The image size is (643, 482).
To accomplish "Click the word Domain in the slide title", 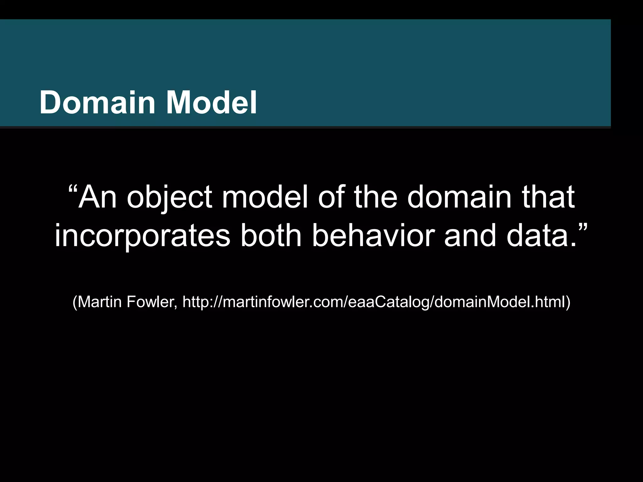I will pos(97,103).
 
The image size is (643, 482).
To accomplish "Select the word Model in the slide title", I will pos(211,103).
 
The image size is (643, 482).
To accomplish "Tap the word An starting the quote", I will pos(98,197).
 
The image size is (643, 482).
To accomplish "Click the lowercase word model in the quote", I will pos(265,197).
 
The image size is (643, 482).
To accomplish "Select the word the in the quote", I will pos(376,197).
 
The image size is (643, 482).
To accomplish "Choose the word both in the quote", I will pos(271,235).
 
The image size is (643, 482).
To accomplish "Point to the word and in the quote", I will pos(470,235).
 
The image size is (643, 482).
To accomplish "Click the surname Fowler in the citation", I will pos(152,302).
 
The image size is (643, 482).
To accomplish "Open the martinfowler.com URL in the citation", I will pos(373,302).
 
